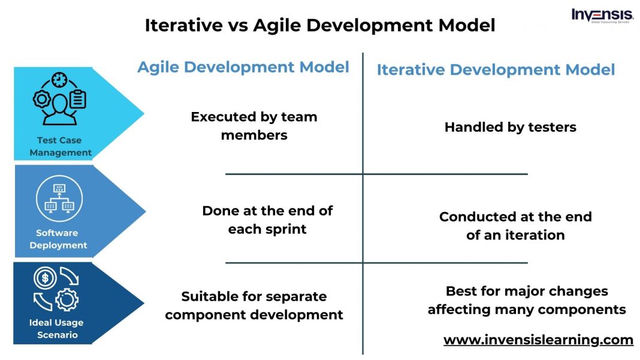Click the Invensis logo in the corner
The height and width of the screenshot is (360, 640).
pos(602,16)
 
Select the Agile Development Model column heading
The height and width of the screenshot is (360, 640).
pos(243,67)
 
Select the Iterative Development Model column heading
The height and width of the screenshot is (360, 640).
pos(496,69)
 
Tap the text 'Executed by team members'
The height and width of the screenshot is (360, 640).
pos(254,126)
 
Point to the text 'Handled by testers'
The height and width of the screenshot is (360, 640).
pos(510,127)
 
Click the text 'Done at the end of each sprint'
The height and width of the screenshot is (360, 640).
pos(267,220)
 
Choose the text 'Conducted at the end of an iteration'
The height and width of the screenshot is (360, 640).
pos(515,226)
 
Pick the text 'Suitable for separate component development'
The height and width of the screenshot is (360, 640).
pos(254,305)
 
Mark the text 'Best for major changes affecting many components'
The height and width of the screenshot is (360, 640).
pos(527,300)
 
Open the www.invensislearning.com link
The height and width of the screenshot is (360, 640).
pos(538,340)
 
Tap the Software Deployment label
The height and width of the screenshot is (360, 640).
pos(58,239)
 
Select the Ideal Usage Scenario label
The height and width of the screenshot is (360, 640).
pos(56,328)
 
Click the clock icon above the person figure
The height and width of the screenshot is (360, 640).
pos(59,80)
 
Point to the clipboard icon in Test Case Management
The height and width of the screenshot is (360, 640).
pos(78,99)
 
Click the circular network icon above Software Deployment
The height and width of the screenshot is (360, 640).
pos(59,198)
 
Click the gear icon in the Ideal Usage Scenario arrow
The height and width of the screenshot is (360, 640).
pos(67,300)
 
